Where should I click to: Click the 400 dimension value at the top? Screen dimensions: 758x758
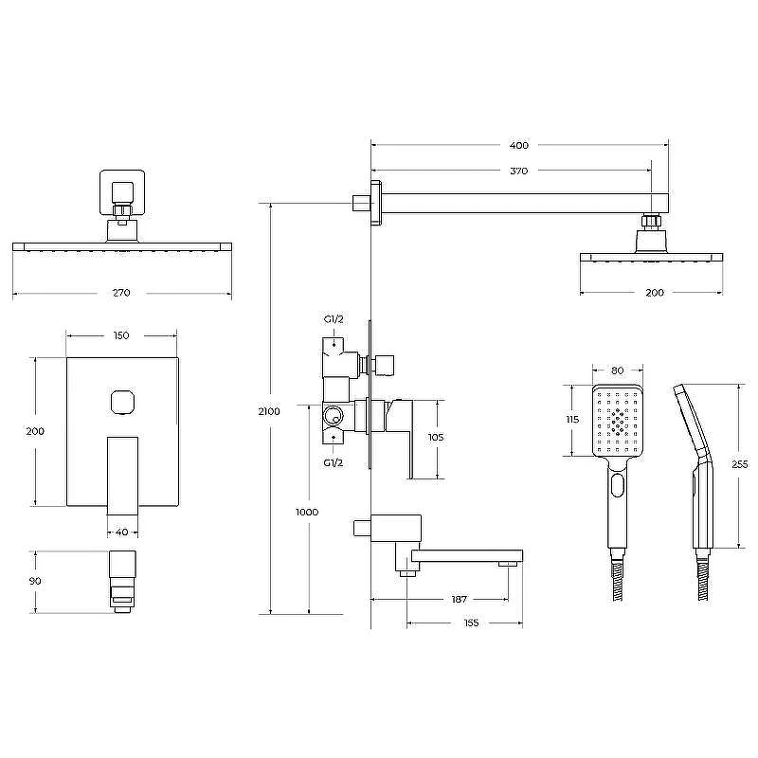coord(518,145)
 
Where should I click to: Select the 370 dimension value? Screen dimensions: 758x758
coord(518,171)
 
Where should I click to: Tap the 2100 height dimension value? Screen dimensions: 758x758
coord(269,411)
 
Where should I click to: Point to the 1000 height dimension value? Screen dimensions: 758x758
coord(307,512)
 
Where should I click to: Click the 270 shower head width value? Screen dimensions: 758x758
coord(121,293)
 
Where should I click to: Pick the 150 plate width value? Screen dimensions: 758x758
coord(121,335)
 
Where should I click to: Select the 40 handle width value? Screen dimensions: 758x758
coord(122,532)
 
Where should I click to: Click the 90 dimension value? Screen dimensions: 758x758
coord(35,581)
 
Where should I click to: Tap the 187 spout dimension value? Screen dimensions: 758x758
coord(460,600)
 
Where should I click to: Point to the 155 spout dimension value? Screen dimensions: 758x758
coord(471,623)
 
